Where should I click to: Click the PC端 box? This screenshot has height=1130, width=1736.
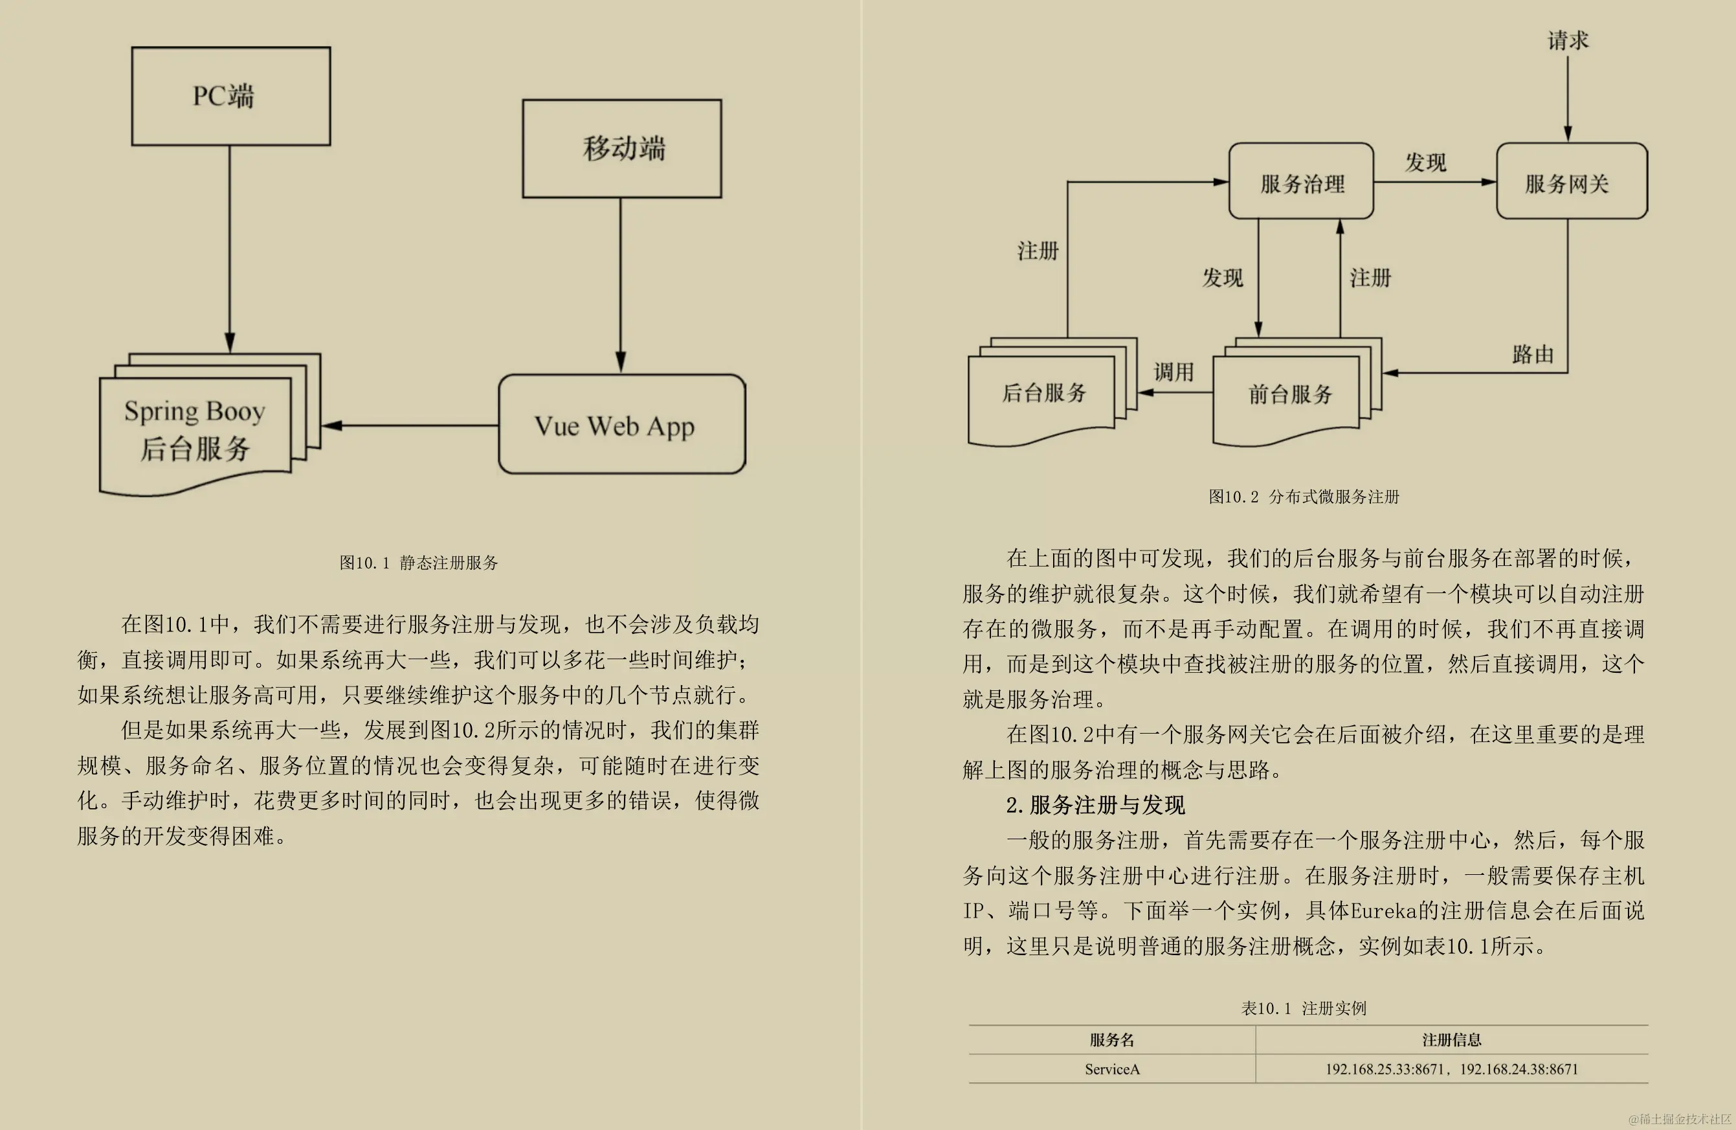point(230,96)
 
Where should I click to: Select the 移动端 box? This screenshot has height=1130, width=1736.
point(621,148)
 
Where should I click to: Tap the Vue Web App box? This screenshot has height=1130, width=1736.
point(621,425)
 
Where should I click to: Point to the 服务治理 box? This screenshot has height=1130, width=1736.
point(1300,182)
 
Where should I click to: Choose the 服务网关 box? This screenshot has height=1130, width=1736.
point(1571,182)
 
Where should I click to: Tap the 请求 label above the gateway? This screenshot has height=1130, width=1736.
point(1568,40)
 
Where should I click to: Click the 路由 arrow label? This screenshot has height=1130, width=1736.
point(1533,354)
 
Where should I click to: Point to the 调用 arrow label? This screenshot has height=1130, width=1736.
point(1173,372)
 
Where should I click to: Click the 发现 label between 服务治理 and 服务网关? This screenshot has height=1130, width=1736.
point(1425,162)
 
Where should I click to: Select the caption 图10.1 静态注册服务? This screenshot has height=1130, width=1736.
point(419,563)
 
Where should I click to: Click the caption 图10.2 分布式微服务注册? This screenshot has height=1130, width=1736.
point(1304,497)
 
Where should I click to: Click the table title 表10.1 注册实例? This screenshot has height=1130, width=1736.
point(1304,1008)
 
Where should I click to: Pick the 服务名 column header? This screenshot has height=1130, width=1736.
point(1111,1039)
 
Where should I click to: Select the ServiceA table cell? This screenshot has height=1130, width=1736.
point(1111,1068)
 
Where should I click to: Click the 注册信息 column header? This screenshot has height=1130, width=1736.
point(1452,1039)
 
